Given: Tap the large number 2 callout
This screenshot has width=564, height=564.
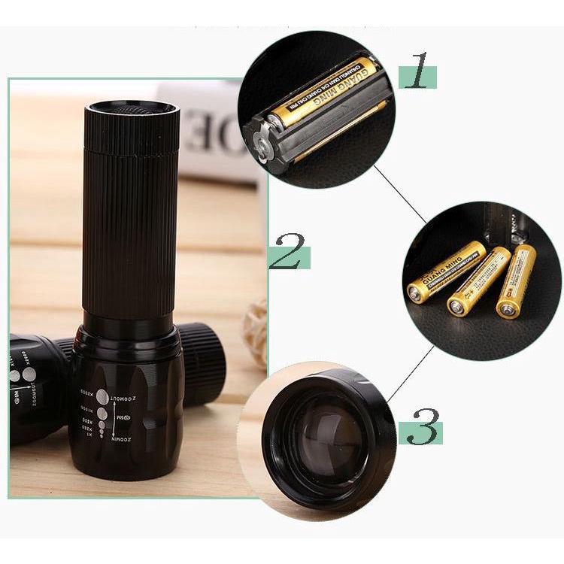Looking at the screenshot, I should click(290, 250).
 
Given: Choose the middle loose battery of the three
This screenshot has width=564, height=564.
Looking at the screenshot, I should click(479, 282).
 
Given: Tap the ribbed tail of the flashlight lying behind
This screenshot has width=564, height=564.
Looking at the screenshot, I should click(203, 364).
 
